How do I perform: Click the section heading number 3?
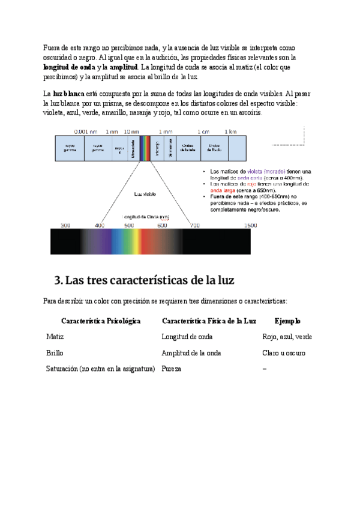click(x=58, y=280)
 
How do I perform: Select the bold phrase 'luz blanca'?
click(x=68, y=94)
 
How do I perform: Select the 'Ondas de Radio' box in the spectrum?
click(x=214, y=148)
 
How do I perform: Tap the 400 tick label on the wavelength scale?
click(x=100, y=226)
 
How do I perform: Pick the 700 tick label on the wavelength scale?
click(x=194, y=226)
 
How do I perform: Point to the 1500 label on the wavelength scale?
click(x=251, y=226)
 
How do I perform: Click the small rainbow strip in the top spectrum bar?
click(x=144, y=148)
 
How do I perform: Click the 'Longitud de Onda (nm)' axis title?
click(x=146, y=217)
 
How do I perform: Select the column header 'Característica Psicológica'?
click(x=101, y=321)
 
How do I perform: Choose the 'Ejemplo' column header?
click(x=287, y=321)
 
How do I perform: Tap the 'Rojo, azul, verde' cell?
click(x=287, y=337)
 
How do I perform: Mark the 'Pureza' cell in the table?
click(x=172, y=369)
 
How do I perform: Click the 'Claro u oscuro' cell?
click(x=284, y=353)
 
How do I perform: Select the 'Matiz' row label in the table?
click(x=55, y=337)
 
